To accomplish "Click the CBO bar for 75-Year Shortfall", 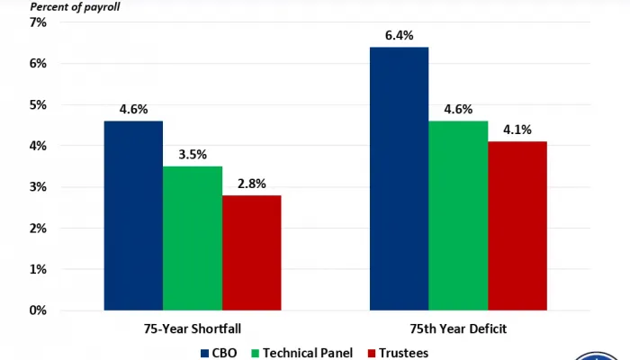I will point(133,216).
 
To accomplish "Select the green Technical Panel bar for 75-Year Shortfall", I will point(192,238).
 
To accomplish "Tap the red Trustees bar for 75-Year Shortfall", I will point(251,253).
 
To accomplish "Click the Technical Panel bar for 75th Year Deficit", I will point(458,216).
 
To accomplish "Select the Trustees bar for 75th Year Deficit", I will point(517,226).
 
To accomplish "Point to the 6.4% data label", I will point(399,36).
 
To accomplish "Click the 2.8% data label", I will point(251,184).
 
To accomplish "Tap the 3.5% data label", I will point(192,155).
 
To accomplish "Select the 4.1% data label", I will point(517,130).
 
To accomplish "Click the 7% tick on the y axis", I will point(38,22).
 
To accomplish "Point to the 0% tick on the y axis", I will point(38,310).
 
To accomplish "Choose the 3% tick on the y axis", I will point(38,187).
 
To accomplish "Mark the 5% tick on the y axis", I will point(38,104).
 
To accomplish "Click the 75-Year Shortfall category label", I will point(192,328).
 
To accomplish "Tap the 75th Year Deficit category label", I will point(458,328).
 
